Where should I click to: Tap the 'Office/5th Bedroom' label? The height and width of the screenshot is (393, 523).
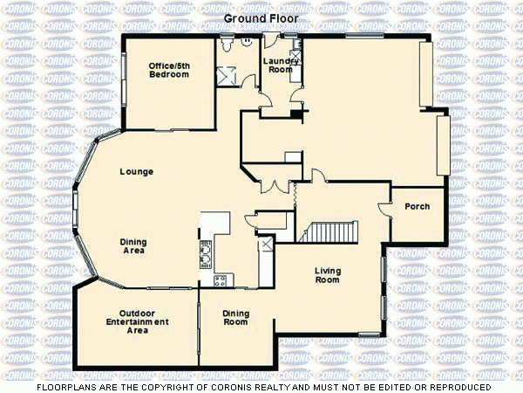coord(168,70)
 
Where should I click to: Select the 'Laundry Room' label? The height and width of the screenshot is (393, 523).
coord(281,65)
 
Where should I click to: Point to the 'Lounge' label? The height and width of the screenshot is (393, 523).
coord(137,172)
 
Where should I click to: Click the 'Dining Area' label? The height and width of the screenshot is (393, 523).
coord(133,246)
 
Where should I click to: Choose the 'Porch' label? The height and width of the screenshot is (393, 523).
coord(418,206)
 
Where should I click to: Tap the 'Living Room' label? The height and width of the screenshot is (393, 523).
coord(328,275)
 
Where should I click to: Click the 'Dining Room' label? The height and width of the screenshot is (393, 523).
coord(235,318)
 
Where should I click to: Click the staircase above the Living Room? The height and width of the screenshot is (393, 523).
coord(331,232)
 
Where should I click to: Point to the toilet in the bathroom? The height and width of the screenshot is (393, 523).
coord(227,42)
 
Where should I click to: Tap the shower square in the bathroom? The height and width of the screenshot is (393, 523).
coord(229,73)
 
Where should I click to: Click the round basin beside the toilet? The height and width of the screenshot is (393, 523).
coord(248,41)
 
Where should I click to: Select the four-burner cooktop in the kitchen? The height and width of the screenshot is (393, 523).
coord(220,280)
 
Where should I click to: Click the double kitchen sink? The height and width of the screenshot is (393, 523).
coord(206,254)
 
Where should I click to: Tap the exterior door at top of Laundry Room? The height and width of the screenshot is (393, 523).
coord(272,39)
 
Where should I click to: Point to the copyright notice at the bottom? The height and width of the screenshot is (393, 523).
coord(261,386)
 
